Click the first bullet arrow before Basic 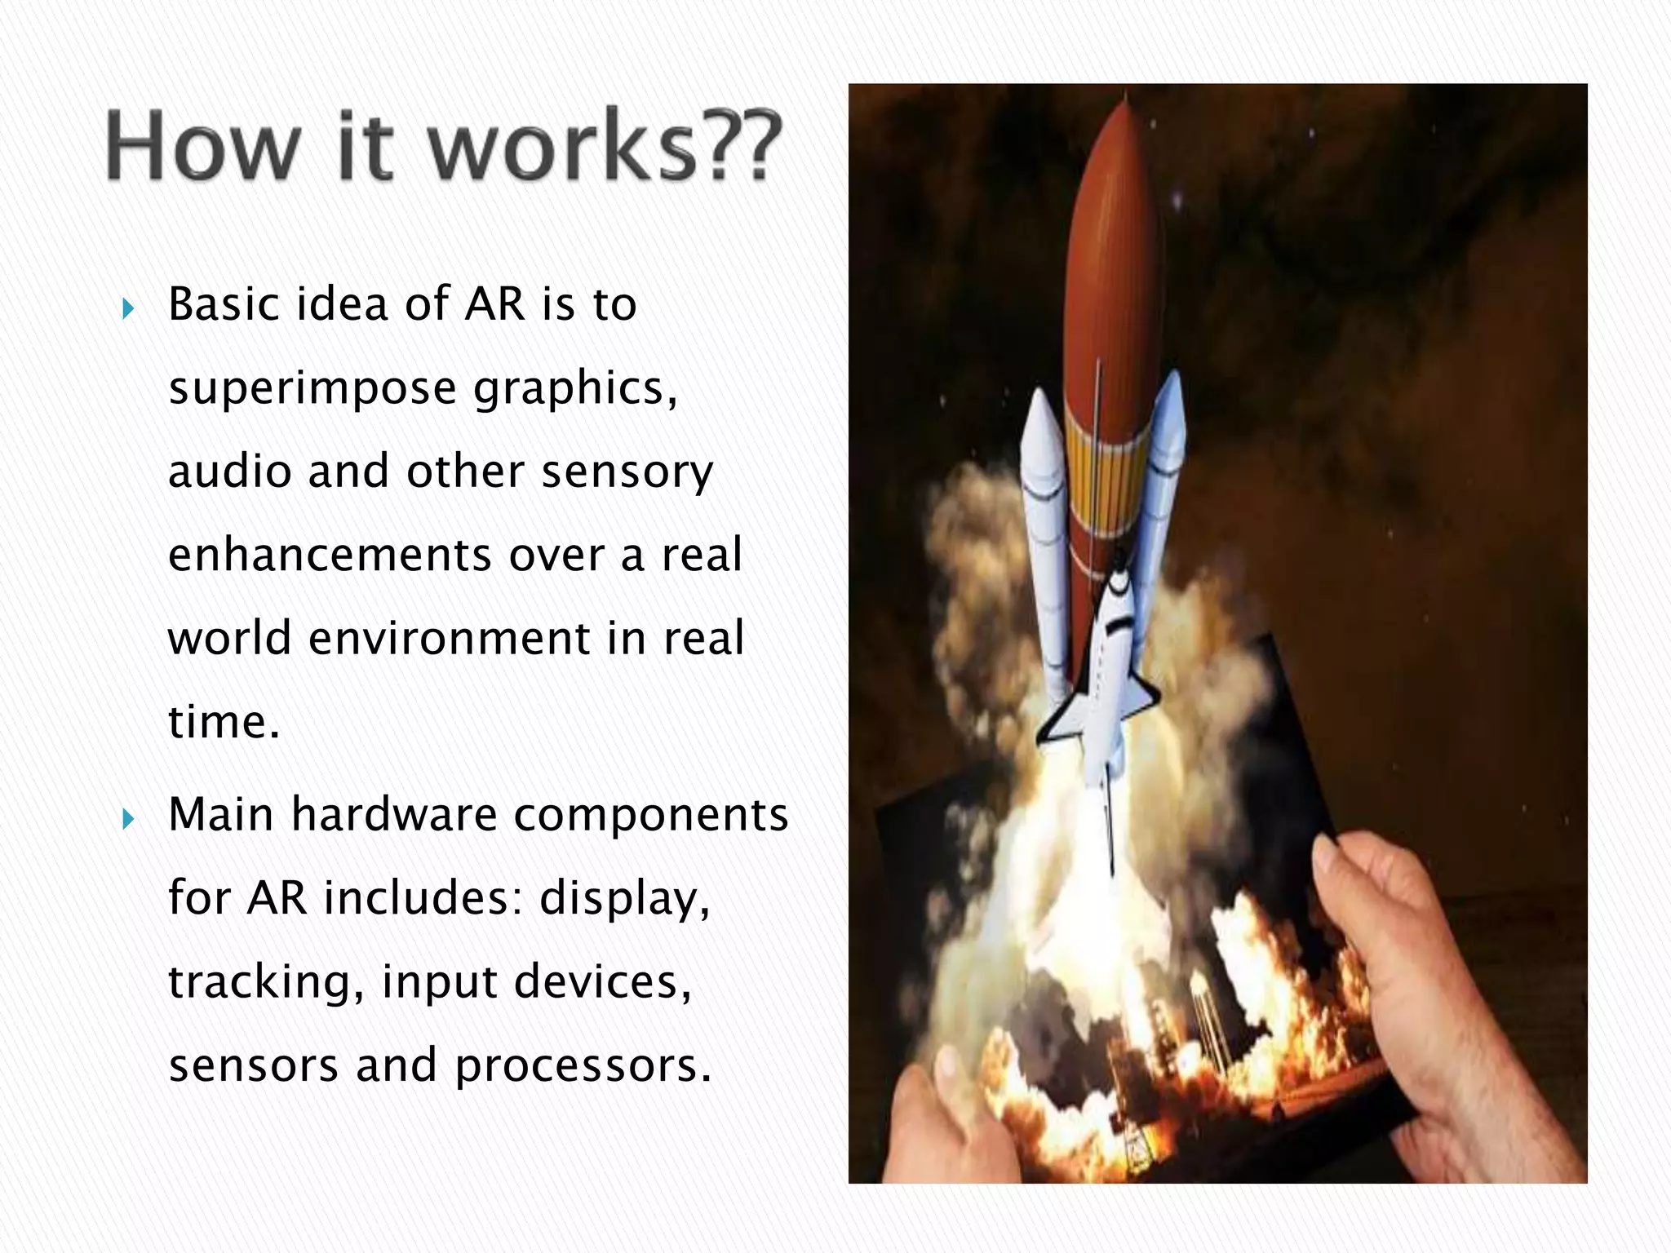point(127,309)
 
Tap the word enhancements point(329,555)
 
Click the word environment point(449,638)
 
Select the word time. point(224,721)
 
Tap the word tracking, point(266,982)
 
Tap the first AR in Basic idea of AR point(494,304)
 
